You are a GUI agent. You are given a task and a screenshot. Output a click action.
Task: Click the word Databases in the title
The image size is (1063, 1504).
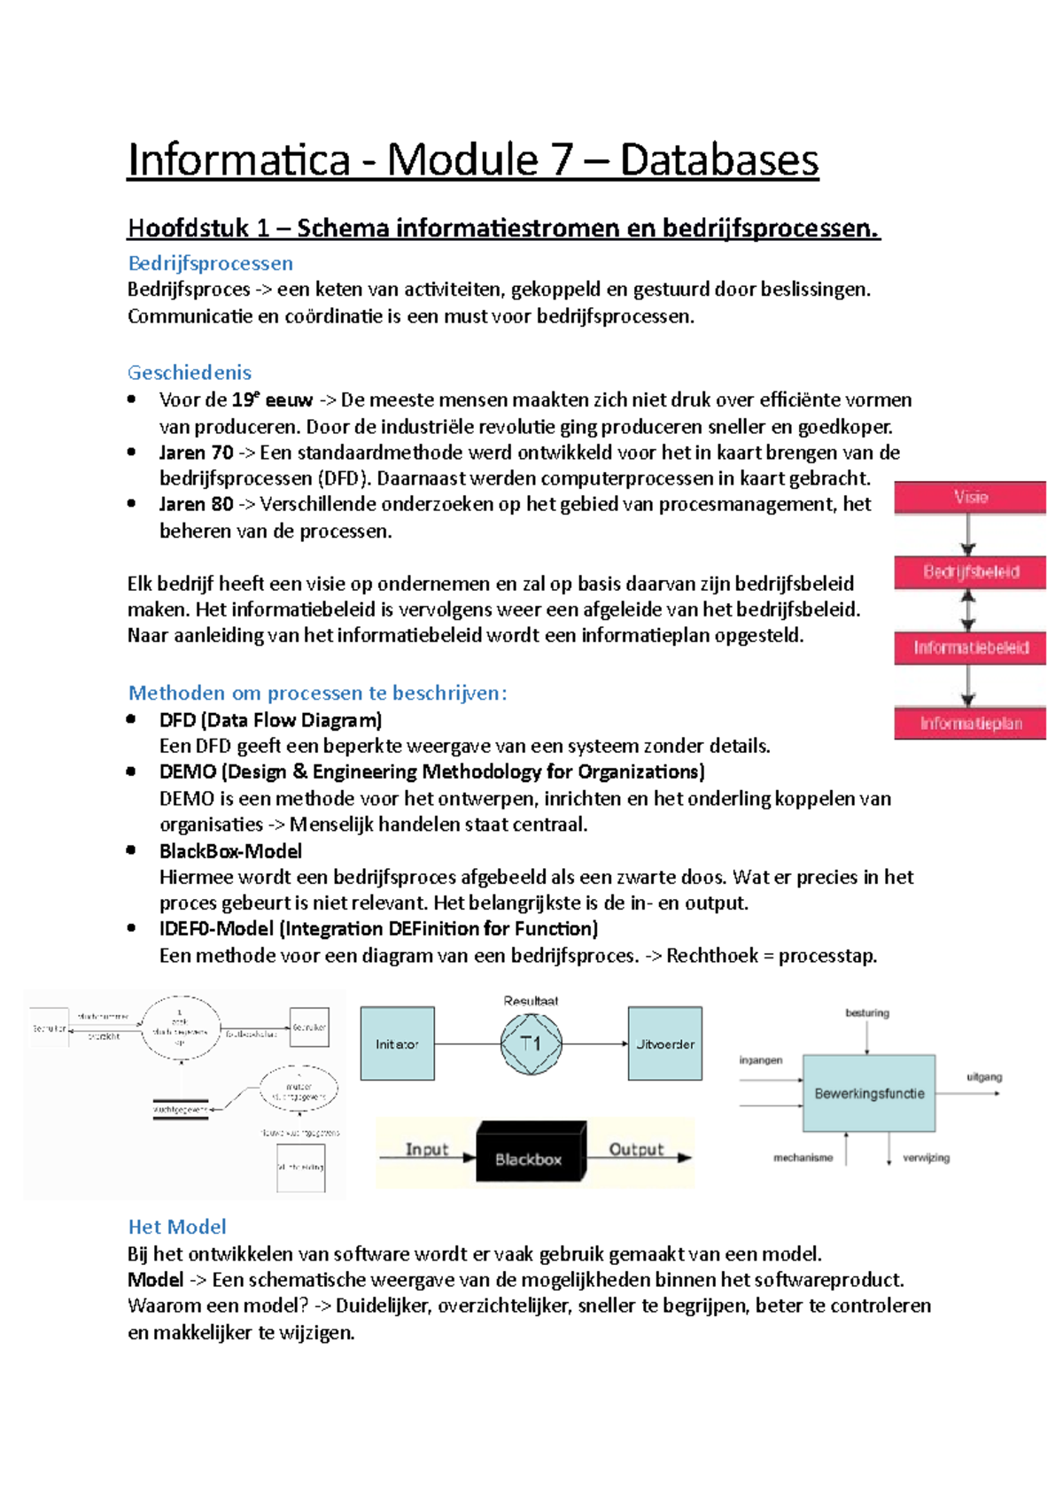[718, 160]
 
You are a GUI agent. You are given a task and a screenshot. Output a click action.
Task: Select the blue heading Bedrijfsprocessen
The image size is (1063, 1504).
[210, 263]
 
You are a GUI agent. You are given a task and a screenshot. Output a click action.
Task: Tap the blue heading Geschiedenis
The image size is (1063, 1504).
[190, 372]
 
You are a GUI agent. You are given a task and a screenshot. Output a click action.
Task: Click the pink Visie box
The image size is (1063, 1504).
[970, 497]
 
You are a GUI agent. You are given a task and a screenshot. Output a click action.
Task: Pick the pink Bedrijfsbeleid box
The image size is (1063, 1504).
[970, 572]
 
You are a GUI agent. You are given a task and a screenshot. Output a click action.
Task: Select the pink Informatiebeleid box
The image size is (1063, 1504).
[970, 647]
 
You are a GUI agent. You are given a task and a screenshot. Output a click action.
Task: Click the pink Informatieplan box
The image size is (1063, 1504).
[970, 723]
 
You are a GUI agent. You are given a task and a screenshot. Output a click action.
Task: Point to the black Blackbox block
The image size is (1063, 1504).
[530, 1152]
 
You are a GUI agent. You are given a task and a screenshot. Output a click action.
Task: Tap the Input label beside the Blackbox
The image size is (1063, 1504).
[427, 1149]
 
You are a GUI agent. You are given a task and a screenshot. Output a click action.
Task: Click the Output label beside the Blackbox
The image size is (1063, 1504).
[636, 1149]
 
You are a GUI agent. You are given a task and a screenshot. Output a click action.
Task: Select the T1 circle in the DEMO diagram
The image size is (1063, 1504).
[531, 1043]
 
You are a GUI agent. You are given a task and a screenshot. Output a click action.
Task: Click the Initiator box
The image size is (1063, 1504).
[397, 1043]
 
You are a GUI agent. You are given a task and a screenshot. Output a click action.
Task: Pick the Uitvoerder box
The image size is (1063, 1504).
[665, 1043]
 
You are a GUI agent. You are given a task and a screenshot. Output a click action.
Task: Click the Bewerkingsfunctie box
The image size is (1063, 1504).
[869, 1093]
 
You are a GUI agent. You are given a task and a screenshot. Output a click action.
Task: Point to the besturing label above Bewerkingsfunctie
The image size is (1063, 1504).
[867, 1012]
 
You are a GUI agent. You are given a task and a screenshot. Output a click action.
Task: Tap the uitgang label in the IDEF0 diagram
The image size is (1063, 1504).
[984, 1077]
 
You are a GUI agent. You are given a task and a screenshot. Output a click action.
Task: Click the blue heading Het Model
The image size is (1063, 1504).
[177, 1227]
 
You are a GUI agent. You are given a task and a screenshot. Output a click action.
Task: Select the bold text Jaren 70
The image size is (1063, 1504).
[196, 453]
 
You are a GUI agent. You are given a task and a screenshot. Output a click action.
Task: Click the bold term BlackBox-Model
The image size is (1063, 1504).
[230, 851]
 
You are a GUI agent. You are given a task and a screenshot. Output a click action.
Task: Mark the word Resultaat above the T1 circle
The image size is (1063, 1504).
[531, 1001]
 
